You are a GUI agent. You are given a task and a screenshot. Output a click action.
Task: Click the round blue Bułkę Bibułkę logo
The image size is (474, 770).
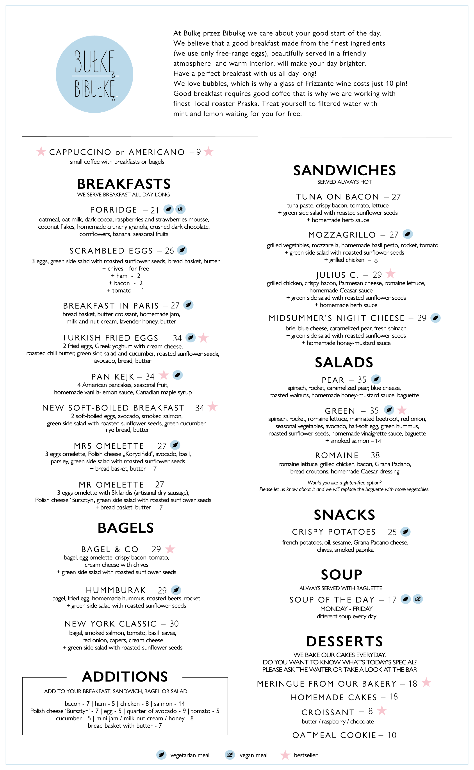point(94,74)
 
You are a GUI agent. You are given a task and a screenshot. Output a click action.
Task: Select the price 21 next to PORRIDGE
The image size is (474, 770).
point(155,210)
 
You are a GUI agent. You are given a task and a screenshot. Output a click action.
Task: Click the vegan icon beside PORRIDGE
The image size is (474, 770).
point(180,209)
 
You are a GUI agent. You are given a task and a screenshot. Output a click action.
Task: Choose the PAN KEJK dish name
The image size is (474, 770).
point(112,376)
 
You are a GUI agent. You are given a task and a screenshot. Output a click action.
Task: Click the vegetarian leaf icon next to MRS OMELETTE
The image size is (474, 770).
point(175,445)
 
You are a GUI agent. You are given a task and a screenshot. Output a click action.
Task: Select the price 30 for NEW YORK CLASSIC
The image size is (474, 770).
point(174,623)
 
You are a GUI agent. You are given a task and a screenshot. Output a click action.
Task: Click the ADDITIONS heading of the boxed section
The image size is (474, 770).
point(125,677)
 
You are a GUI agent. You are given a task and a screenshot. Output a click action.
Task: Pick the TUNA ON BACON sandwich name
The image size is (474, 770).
point(337,197)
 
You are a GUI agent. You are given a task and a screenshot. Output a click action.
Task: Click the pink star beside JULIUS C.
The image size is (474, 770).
point(390,274)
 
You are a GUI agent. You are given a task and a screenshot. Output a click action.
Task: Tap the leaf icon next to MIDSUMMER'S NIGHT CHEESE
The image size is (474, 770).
point(435,318)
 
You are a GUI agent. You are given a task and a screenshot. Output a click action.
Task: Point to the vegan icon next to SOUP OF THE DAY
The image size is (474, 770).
point(418,599)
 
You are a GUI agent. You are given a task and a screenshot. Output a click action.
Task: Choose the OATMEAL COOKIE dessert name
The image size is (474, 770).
point(334,735)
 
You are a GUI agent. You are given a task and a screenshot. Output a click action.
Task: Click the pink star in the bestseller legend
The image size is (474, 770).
point(285,755)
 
